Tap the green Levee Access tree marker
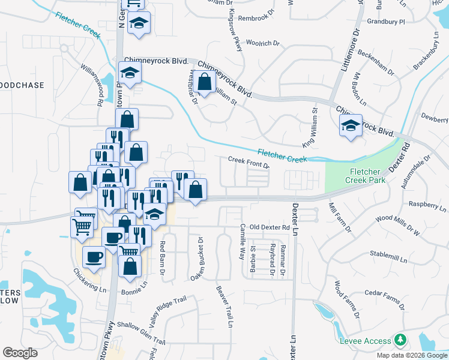point(400,341)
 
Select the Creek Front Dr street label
point(249,163)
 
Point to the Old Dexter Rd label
point(270,227)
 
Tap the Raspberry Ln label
point(427,206)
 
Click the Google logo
point(20,352)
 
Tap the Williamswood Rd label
point(92,83)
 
